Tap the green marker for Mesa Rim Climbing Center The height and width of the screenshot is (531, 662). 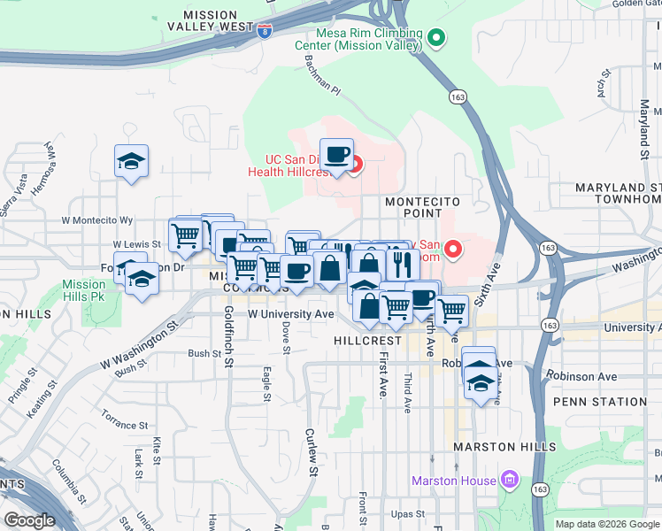tap(435, 38)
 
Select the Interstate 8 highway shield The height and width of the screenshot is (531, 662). tap(266, 30)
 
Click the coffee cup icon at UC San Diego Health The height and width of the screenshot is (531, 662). tap(336, 155)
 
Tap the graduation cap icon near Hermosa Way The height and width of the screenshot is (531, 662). tap(131, 162)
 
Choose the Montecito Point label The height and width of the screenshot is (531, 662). tap(413, 207)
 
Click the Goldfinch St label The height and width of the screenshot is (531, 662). tap(227, 336)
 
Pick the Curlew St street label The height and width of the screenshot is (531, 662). tap(310, 450)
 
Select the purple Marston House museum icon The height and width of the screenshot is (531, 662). tap(509, 481)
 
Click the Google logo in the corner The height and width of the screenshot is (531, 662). tap(29, 520)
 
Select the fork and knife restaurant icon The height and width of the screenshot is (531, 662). tap(403, 263)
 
